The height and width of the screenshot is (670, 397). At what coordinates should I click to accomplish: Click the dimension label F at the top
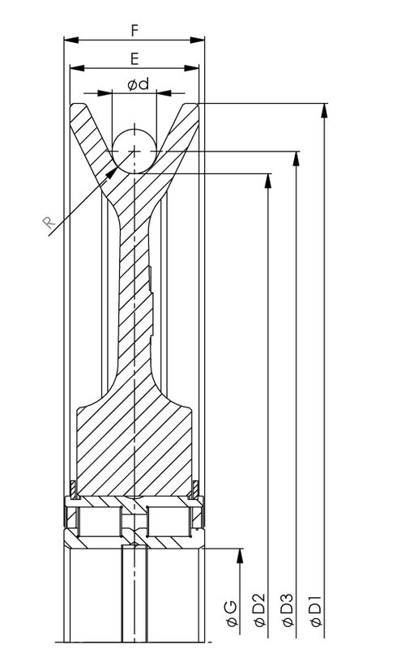(x=134, y=30)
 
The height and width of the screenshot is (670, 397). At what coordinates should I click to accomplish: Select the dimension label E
(x=134, y=58)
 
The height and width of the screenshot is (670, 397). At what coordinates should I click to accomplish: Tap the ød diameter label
(x=139, y=85)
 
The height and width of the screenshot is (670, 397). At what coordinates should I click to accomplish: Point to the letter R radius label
(x=49, y=222)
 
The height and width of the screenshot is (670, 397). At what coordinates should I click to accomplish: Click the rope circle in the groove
(x=134, y=151)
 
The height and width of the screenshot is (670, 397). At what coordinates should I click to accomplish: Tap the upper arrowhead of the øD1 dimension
(x=325, y=110)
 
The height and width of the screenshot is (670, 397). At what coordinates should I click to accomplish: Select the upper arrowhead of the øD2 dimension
(x=268, y=180)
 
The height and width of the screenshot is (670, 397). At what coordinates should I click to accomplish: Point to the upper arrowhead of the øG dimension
(x=240, y=555)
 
